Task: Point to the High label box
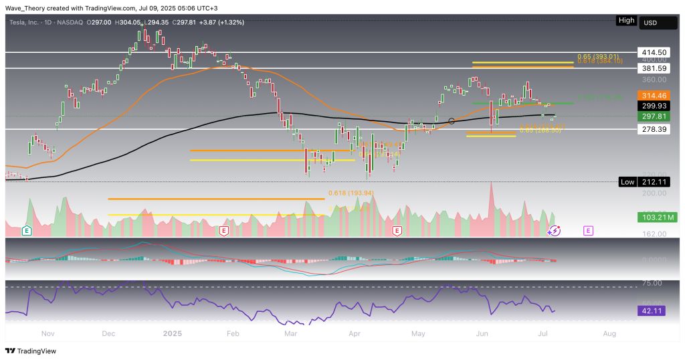point(626,21)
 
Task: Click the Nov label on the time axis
point(47,333)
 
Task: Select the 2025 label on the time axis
point(173,333)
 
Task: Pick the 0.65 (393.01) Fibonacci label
point(599,56)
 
